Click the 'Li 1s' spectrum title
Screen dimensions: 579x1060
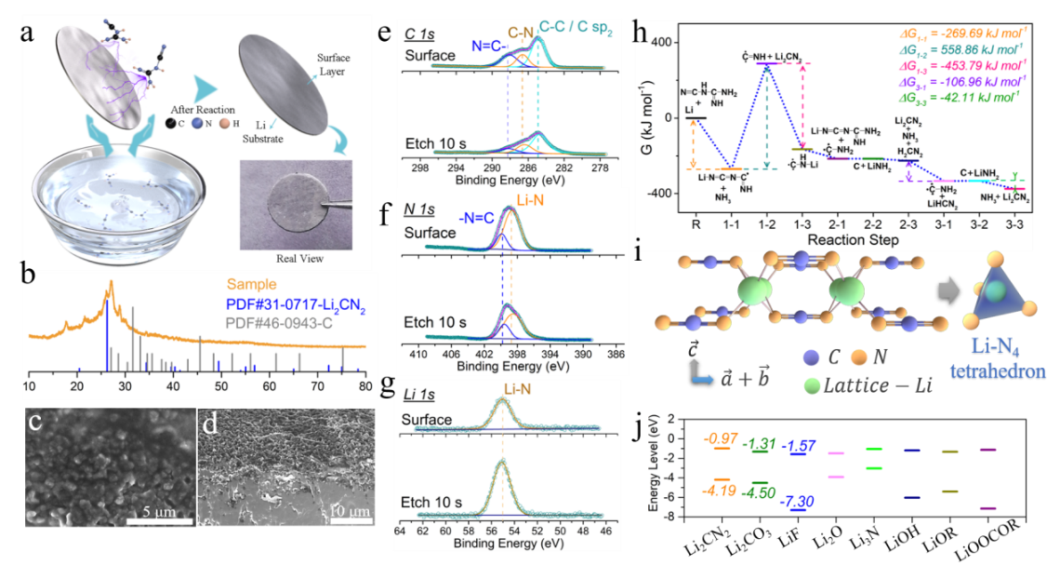click(x=422, y=396)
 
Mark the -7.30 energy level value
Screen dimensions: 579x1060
click(x=798, y=503)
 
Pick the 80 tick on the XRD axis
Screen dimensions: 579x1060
click(x=365, y=386)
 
